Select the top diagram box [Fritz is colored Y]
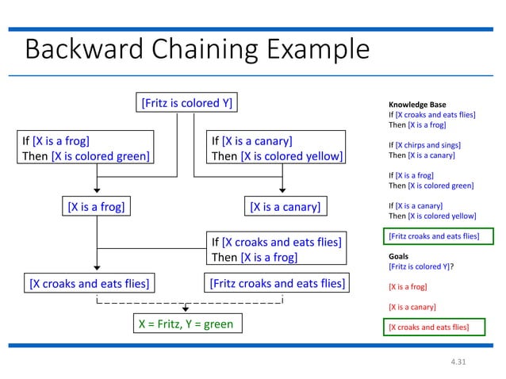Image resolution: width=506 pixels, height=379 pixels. pos(186,102)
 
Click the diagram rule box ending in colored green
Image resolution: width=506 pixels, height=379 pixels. pos(86,148)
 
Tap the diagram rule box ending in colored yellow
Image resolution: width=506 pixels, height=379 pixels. pos(276,148)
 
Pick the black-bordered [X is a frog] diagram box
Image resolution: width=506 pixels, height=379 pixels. pos(96,207)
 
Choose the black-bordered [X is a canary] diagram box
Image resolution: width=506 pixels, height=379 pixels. pos(285,207)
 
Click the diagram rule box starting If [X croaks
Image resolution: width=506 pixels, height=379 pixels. pos(276,249)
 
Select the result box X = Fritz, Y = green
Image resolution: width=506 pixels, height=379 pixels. pos(186,324)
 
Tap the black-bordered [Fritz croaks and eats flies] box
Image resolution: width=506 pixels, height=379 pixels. pos(276,283)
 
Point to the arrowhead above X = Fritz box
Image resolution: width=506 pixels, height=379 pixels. pos(186,309)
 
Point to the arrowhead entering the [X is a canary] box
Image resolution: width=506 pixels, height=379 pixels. pos(283,190)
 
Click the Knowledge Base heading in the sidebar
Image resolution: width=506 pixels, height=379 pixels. pos(416,105)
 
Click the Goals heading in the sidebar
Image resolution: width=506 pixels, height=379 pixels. pos(399,257)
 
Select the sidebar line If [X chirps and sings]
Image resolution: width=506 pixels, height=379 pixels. pos(424,145)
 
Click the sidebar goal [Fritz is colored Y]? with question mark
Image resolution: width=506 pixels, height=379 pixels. pos(421,267)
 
